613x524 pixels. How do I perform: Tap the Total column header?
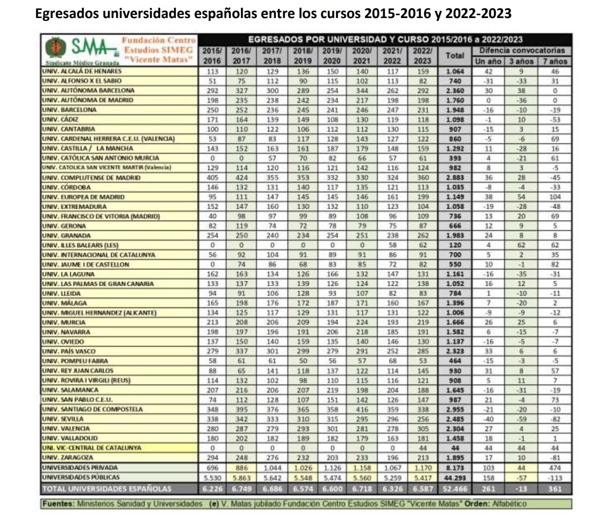point(455,55)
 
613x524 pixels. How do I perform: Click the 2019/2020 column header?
point(332,56)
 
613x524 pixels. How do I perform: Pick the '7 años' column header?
point(555,62)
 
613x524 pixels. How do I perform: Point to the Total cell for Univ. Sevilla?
point(455,419)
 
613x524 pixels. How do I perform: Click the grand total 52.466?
point(455,489)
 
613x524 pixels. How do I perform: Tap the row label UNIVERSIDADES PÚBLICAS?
point(81,477)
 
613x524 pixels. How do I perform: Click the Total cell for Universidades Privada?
point(455,468)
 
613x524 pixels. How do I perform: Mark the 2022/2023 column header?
point(422,56)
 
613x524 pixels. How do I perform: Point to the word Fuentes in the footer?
point(58,503)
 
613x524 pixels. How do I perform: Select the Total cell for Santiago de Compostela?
point(455,409)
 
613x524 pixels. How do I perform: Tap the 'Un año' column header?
point(488,62)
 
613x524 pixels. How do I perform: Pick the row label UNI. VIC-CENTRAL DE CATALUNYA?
point(91,448)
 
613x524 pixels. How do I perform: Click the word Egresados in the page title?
point(67,14)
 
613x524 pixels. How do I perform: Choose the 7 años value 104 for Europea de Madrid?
point(555,197)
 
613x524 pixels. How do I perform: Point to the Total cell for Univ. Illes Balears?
point(455,245)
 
